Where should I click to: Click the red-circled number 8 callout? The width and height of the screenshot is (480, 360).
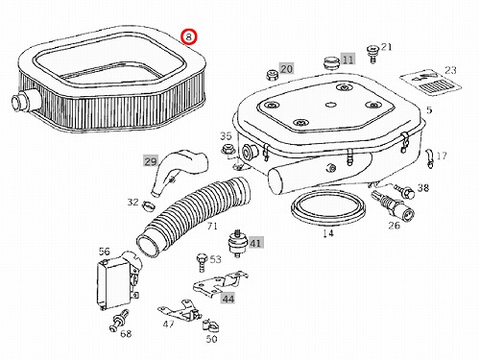tap(189, 36)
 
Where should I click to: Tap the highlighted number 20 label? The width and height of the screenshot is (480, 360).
tap(286, 68)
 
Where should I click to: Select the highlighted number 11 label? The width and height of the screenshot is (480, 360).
tap(348, 59)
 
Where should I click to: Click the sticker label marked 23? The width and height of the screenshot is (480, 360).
tap(431, 83)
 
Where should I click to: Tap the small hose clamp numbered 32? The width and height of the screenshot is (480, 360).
tap(149, 205)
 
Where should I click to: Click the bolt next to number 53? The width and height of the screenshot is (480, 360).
tap(201, 263)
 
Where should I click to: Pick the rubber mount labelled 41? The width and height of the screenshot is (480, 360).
tap(237, 244)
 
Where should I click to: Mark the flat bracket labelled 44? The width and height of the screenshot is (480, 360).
tap(221, 282)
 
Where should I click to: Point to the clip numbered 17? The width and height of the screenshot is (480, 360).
tap(429, 157)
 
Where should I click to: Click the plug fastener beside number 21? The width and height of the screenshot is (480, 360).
tap(372, 54)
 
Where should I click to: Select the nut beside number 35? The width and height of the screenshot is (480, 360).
tap(228, 150)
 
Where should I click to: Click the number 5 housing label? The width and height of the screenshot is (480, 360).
tap(429, 110)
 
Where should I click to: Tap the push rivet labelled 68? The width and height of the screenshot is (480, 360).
tap(119, 321)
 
